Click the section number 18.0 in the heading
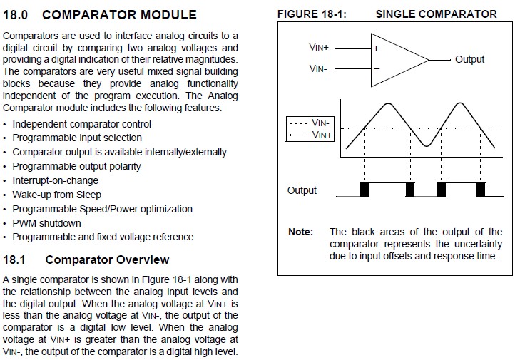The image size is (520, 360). [15, 14]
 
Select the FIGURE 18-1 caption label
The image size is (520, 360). [312, 14]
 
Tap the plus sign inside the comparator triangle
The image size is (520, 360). [376, 48]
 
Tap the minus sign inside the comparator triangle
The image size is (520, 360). [377, 69]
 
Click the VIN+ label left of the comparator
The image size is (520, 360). [319, 47]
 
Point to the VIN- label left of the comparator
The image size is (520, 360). [318, 68]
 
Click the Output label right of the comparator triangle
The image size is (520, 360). [469, 59]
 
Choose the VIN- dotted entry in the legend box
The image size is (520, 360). [310, 123]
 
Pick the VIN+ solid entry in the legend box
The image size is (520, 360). [311, 135]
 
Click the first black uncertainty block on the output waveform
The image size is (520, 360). [364, 190]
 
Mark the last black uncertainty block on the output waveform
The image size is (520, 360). [481, 190]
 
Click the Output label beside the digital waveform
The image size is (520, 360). [302, 190]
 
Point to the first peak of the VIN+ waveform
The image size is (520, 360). [387, 104]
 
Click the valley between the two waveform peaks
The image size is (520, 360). [427, 145]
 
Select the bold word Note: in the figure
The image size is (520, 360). [300, 232]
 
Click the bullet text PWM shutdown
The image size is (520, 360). [47, 223]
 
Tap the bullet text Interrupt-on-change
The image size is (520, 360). [56, 180]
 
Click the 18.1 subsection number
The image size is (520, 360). [14, 259]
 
